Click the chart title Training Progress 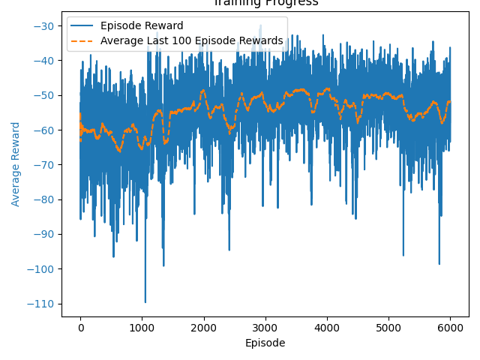pyautogui.click(x=265, y=3)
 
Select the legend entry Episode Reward pyautogui.click(x=142, y=26)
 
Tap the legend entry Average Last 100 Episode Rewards pyautogui.click(x=191, y=40)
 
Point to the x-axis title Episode pyautogui.click(x=265, y=343)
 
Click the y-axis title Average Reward pyautogui.click(x=16, y=163)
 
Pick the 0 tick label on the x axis pyautogui.click(x=80, y=328)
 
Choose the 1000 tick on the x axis pyautogui.click(x=142, y=328)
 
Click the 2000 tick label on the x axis pyautogui.click(x=203, y=328)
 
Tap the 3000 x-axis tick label pyautogui.click(x=265, y=328)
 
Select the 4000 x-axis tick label pyautogui.click(x=326, y=328)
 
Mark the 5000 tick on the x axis pyautogui.click(x=388, y=328)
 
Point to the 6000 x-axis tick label pyautogui.click(x=450, y=328)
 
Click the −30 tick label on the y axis pyautogui.click(x=42, y=26)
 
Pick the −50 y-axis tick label pyautogui.click(x=42, y=95)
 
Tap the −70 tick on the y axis pyautogui.click(x=42, y=165)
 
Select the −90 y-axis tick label pyautogui.click(x=42, y=234)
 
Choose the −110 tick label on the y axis pyautogui.click(x=40, y=304)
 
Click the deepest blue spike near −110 pyautogui.click(x=145, y=301)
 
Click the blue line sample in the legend pyautogui.click(x=82, y=26)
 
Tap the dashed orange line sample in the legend pyautogui.click(x=82, y=40)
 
